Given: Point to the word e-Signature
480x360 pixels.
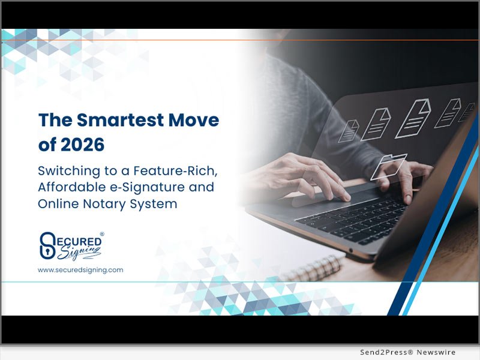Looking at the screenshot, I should (144, 187).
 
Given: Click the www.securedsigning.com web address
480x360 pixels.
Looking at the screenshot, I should (80, 270).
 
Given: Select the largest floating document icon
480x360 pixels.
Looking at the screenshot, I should (413, 117).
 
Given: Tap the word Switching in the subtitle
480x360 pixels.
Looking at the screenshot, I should (65, 170).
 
